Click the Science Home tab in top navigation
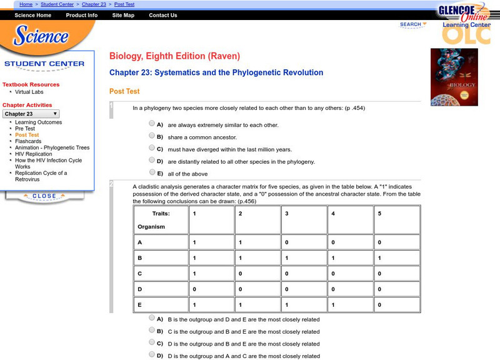pyautogui.click(x=33, y=16)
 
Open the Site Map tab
pyautogui.click(x=123, y=16)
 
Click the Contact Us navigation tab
pyautogui.click(x=163, y=16)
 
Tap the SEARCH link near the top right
pyautogui.click(x=411, y=24)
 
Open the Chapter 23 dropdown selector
pyautogui.click(x=31, y=114)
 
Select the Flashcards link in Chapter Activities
pyautogui.click(x=28, y=141)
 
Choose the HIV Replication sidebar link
pyautogui.click(x=34, y=154)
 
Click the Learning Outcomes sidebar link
pyautogui.click(x=39, y=122)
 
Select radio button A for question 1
pyautogui.click(x=152, y=124)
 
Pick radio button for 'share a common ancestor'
pyautogui.click(x=152, y=136)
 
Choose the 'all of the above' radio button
pyautogui.click(x=152, y=172)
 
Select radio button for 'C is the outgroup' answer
pyautogui.click(x=152, y=331)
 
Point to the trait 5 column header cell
pyautogui.click(x=396, y=220)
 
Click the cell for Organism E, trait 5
pyautogui.click(x=396, y=306)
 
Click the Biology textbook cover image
pyautogui.click(x=454, y=77)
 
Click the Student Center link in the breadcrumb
pyautogui.click(x=57, y=4)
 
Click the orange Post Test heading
pyautogui.click(x=124, y=91)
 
